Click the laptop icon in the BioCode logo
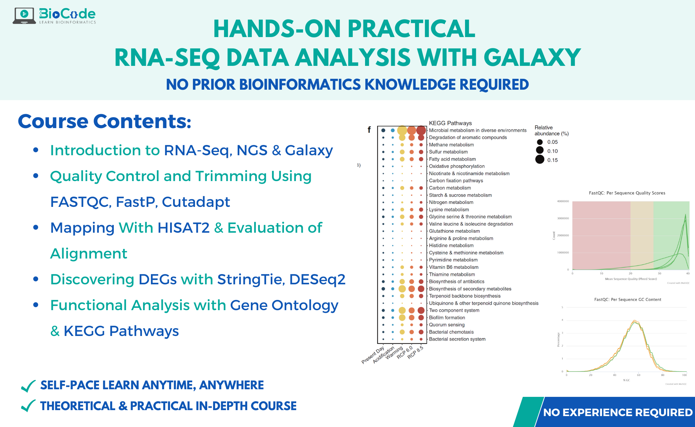24,16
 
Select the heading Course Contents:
104,121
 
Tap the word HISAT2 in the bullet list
183,228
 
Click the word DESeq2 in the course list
317,279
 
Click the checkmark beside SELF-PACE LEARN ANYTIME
28,386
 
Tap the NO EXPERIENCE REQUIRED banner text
618,412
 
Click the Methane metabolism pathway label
451,145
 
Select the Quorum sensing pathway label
446,325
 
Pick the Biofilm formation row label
447,317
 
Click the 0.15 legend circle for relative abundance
540,160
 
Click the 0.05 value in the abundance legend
552,142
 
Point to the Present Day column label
373,355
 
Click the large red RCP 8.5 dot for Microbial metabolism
421,130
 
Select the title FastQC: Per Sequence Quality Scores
627,193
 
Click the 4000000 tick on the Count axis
563,201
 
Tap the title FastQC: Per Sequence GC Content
627,300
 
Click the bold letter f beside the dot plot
369,129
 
